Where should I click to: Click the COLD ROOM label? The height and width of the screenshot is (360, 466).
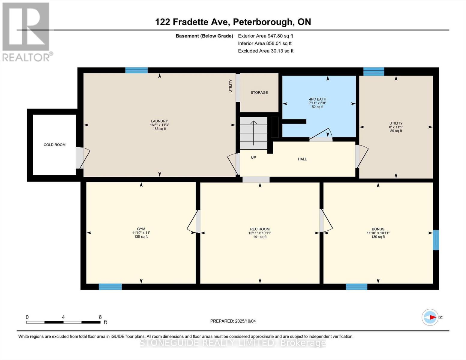coord(55,145)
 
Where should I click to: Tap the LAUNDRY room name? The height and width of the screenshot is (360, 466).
coord(159,121)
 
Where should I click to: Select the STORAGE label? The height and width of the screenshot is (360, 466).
coord(259,93)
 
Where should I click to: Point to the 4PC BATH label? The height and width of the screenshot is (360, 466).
coord(317,99)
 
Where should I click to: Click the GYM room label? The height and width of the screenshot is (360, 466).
coord(141,229)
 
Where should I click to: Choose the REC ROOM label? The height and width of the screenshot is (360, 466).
coord(260,229)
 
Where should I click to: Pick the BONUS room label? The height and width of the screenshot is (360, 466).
coord(378,229)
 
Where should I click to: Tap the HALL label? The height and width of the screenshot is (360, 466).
coord(302,159)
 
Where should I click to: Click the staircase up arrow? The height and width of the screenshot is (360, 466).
coord(254,132)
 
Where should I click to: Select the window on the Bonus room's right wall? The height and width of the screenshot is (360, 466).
coord(436,240)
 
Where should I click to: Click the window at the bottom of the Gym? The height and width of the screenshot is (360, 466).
coord(110,287)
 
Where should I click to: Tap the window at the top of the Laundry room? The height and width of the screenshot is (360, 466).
coord(136,70)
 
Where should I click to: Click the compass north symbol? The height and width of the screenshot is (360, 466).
coord(430,317)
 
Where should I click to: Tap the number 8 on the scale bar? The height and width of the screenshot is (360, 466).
coord(100,317)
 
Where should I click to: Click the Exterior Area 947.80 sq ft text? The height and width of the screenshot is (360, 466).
coord(265,36)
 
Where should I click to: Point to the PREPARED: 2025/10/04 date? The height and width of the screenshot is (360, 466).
coord(233,321)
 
